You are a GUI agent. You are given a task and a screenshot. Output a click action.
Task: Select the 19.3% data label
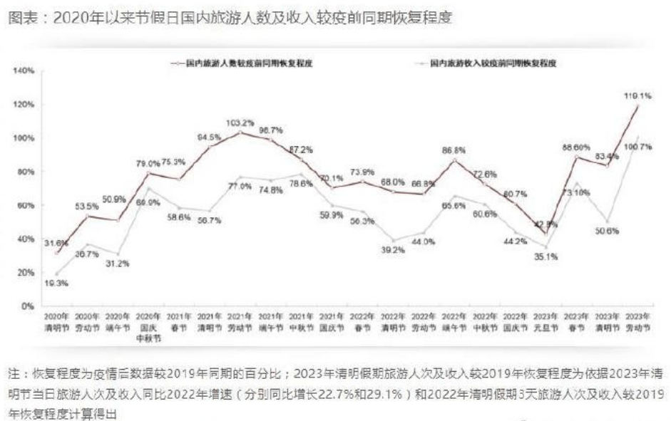click(56, 284)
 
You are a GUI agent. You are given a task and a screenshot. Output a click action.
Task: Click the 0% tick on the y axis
click(29, 306)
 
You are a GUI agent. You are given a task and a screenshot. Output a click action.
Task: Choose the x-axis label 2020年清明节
click(56, 321)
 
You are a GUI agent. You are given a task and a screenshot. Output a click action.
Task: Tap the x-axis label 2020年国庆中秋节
click(148, 325)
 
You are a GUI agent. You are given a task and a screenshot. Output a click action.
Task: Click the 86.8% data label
click(454, 150)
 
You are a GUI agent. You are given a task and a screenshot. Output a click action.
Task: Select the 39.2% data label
click(391, 250)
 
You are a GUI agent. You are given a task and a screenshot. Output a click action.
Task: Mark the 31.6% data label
click(56, 242)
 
